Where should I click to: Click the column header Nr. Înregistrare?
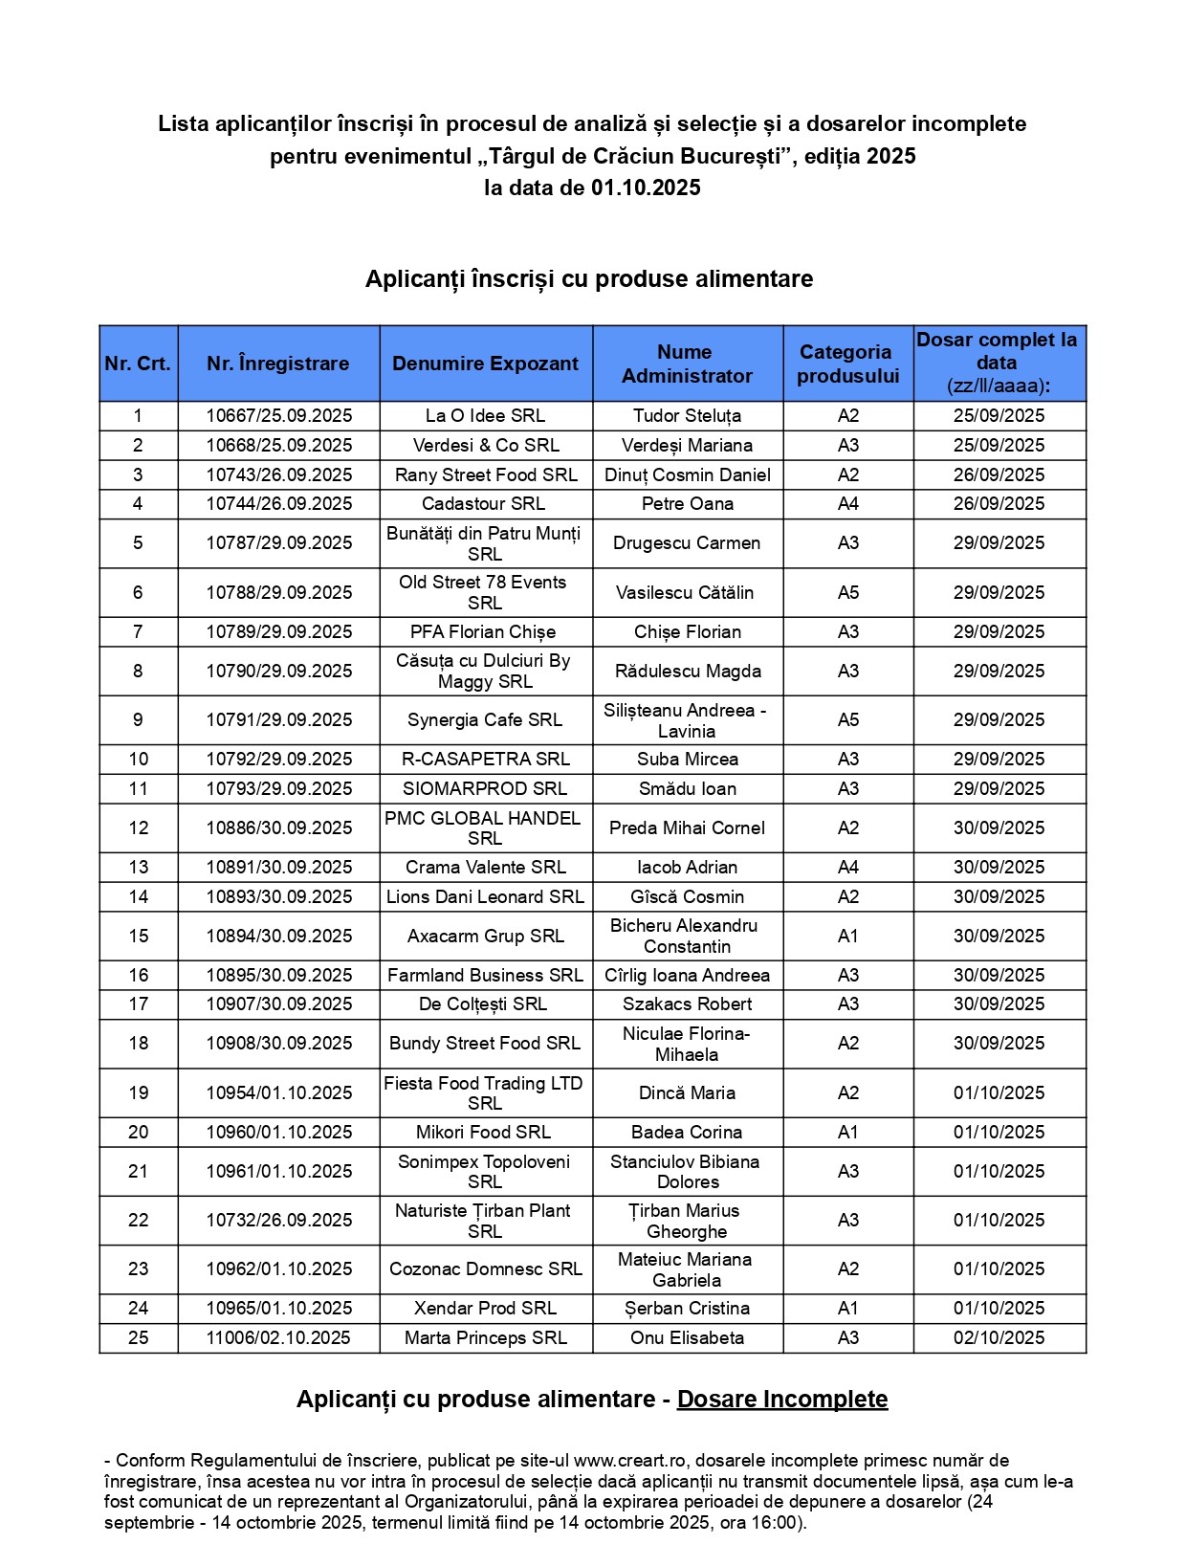tap(278, 364)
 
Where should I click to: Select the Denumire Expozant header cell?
tap(485, 364)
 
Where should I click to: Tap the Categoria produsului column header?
tap(847, 364)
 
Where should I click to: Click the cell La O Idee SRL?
tap(485, 415)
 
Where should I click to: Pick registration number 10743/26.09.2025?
tap(279, 474)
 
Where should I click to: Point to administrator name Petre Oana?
tap(687, 503)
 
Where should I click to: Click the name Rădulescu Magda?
tap(688, 671)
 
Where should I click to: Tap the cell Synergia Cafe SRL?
tap(485, 719)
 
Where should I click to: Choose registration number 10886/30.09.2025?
tap(279, 827)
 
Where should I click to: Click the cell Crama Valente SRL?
tap(485, 867)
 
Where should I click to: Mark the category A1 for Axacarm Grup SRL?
tap(847, 936)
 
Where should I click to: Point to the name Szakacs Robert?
tap(687, 1004)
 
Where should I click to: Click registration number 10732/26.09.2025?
tap(279, 1220)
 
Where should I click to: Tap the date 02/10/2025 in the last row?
tap(999, 1337)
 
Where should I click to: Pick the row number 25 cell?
tap(139, 1337)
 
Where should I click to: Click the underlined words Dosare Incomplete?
tap(782, 1399)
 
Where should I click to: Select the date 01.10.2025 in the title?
tap(646, 187)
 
